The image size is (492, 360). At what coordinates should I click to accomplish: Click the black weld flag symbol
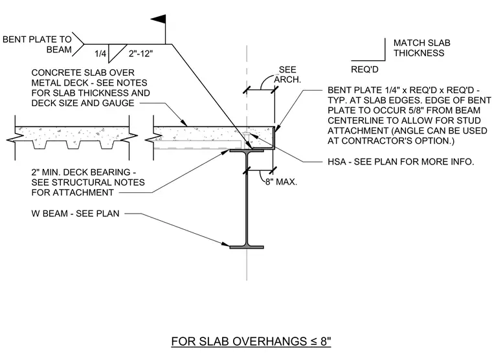pyautogui.click(x=159, y=19)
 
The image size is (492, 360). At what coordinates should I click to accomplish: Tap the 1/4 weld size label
pyautogui.click(x=100, y=53)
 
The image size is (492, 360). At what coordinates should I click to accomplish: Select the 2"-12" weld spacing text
pyautogui.click(x=140, y=54)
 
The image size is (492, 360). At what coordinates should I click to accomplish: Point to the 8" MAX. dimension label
pyautogui.click(x=281, y=182)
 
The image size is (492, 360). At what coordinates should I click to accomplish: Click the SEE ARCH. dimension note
pyautogui.click(x=287, y=74)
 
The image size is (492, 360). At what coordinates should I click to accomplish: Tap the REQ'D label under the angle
pyautogui.click(x=364, y=69)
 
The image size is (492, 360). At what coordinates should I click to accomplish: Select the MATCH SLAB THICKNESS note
pyautogui.click(x=421, y=48)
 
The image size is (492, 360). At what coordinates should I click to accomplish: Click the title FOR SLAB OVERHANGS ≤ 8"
pyautogui.click(x=251, y=341)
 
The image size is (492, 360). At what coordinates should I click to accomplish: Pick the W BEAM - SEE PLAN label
pyautogui.click(x=75, y=214)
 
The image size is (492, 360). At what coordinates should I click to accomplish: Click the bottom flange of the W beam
pyautogui.click(x=247, y=247)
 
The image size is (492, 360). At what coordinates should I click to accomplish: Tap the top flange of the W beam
pyautogui.click(x=247, y=151)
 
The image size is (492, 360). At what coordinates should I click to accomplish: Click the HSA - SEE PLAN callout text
pyautogui.click(x=401, y=162)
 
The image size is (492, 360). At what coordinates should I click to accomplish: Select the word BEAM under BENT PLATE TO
pyautogui.click(x=59, y=50)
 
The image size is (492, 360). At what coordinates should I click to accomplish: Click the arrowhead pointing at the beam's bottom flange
pyautogui.click(x=225, y=244)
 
